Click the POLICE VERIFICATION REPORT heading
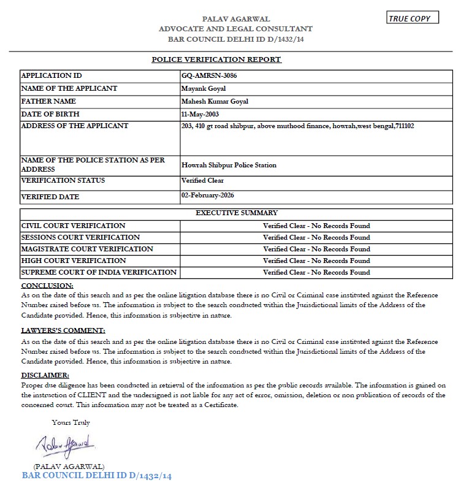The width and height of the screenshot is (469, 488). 216,59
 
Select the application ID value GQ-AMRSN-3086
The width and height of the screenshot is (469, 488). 209,76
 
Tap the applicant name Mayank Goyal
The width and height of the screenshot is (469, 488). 200,88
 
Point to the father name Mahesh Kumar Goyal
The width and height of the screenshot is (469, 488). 215,101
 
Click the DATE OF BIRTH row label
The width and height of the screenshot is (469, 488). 50,114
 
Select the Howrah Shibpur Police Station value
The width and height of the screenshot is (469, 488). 229,165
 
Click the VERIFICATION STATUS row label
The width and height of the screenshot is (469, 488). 63,180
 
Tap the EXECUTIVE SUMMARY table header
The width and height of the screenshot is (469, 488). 236,213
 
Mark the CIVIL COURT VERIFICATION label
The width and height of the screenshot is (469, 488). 74,226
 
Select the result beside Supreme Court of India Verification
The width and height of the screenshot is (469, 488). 316,272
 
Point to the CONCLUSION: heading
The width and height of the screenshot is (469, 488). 47,286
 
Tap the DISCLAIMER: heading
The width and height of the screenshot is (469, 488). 45,375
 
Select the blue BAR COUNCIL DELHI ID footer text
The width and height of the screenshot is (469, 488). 97,475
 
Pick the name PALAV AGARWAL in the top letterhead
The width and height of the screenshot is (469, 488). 235,19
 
